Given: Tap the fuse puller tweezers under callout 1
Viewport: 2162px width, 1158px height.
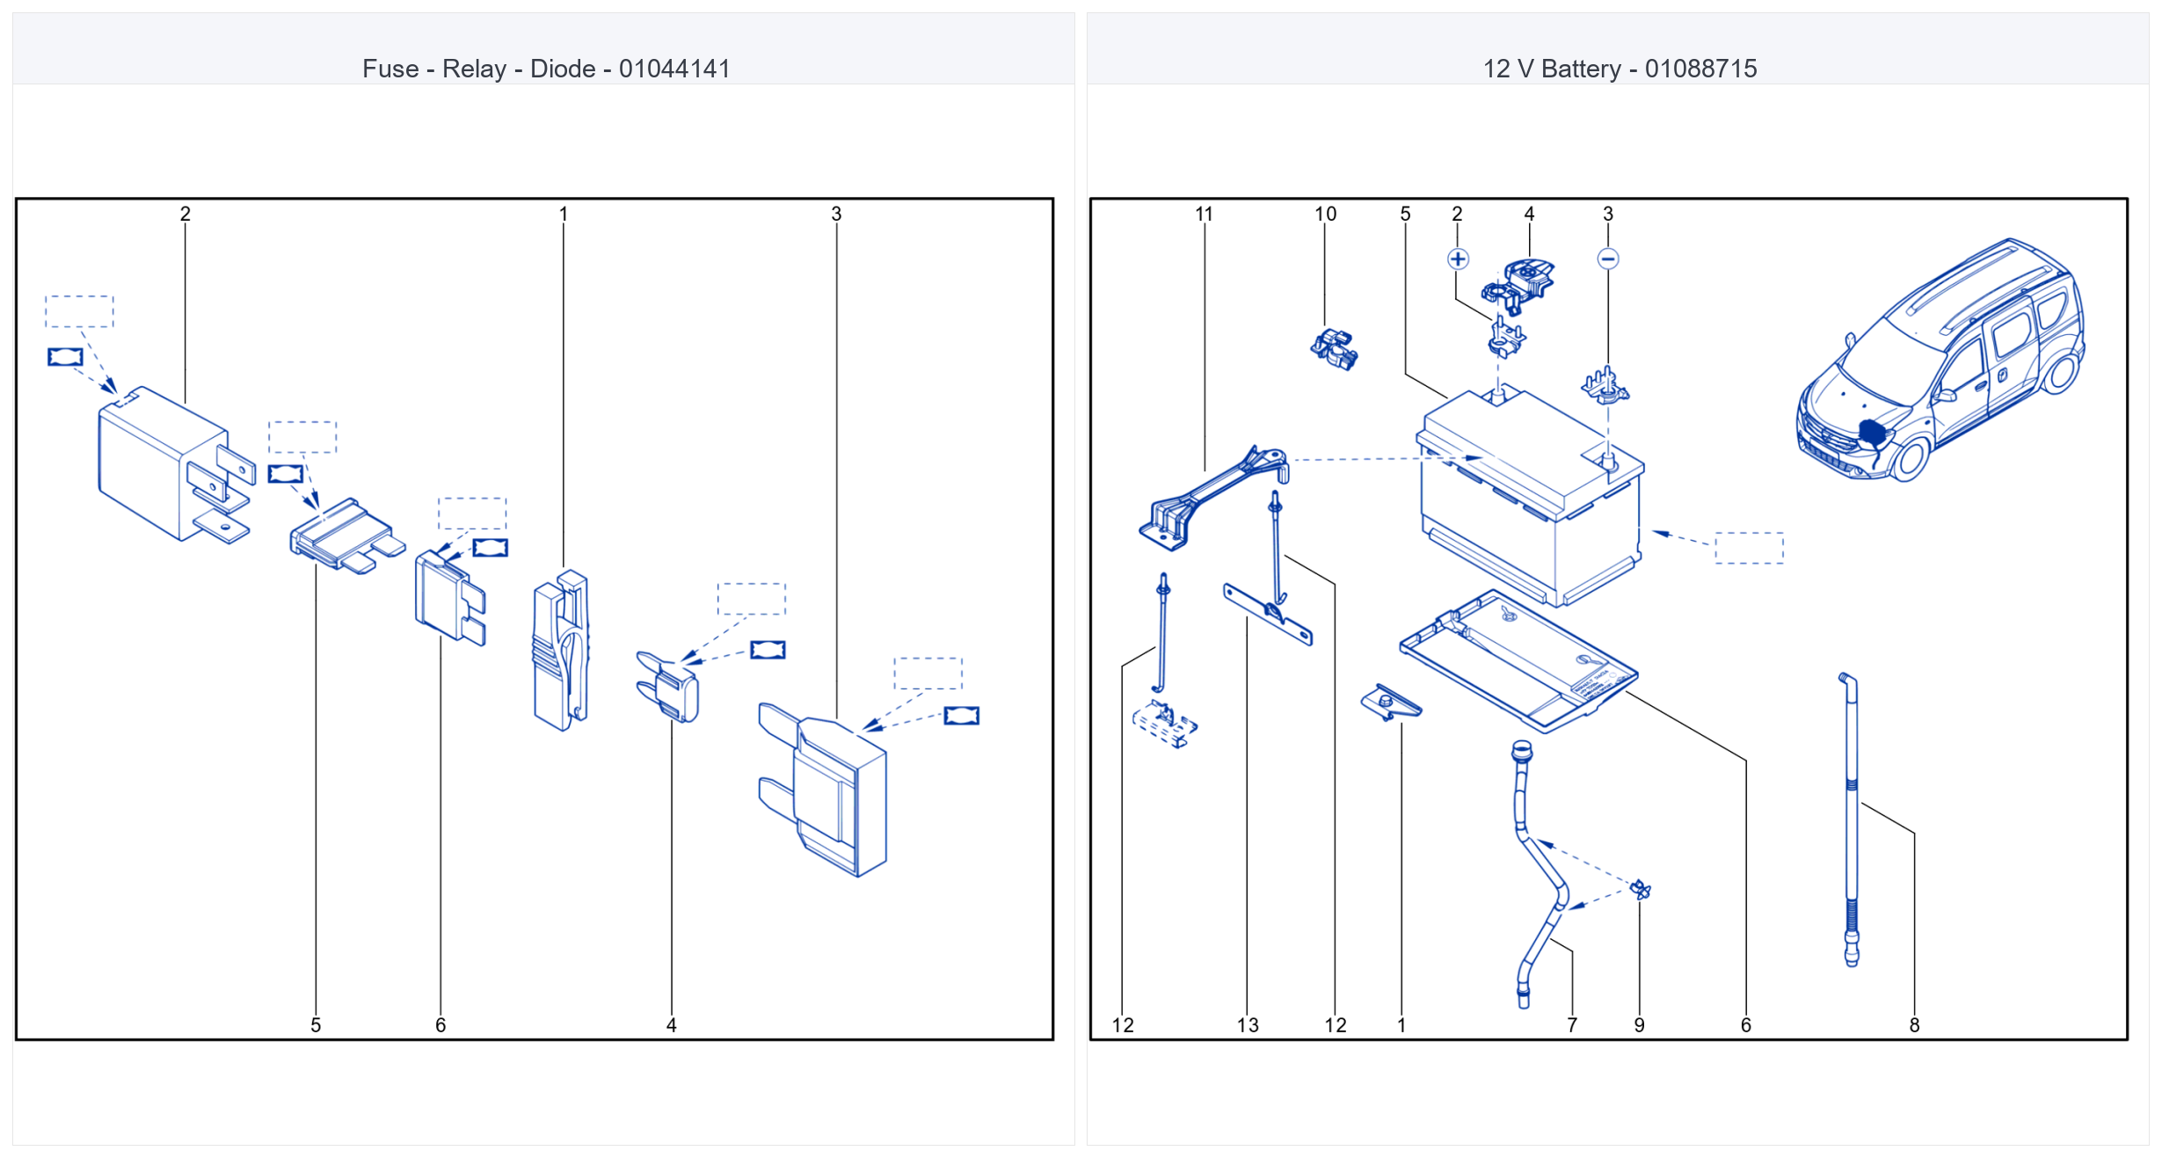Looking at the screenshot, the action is pos(561,651).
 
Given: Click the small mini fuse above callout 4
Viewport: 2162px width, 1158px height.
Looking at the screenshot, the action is pos(668,686).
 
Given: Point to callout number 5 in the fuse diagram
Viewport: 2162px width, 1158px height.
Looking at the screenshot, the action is pos(316,1025).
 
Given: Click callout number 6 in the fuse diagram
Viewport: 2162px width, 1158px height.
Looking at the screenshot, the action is pos(440,1025).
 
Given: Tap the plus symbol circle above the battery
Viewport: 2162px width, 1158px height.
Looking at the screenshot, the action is pos(1458,259).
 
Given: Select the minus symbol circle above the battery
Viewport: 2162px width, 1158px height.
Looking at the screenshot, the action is pos(1608,259).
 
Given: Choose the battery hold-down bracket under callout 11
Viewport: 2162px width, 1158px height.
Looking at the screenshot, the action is pos(1213,497).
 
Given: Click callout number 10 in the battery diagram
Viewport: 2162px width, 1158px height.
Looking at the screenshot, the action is pos(1325,214).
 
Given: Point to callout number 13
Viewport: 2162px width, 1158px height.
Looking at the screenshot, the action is pos(1248,1025).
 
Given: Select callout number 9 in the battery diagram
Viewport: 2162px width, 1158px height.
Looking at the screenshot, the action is pos(1640,1025).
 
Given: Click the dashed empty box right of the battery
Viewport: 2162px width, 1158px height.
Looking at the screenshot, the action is pos(1750,548).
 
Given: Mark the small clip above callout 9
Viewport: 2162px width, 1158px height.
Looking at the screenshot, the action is pos(1641,890).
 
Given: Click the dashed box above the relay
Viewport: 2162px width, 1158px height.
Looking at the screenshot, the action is pos(79,311).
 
